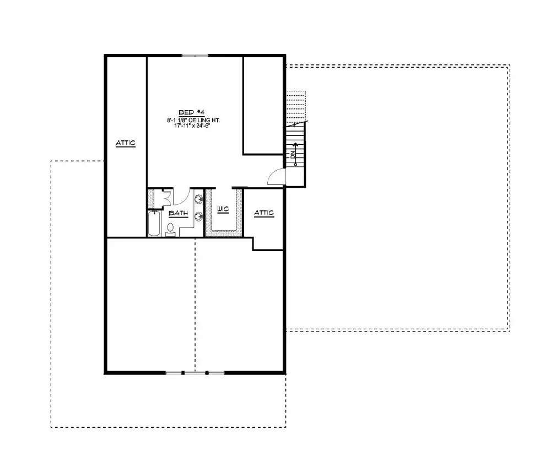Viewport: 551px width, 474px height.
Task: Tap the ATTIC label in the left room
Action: click(126, 143)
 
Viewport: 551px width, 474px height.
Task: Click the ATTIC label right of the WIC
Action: click(263, 214)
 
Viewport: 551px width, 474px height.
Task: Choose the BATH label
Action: click(178, 213)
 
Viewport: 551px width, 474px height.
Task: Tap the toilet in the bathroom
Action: click(170, 228)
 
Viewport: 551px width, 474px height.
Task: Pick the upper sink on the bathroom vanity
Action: click(198, 198)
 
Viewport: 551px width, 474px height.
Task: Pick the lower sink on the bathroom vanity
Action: click(198, 216)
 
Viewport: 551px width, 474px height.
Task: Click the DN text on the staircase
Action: click(294, 156)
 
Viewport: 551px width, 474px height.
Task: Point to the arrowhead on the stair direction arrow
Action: click(295, 145)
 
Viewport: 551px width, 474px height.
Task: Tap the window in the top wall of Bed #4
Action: click(195, 55)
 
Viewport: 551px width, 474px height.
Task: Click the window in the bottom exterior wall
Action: click(195, 373)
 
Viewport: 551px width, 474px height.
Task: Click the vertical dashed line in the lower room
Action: click(195, 303)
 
